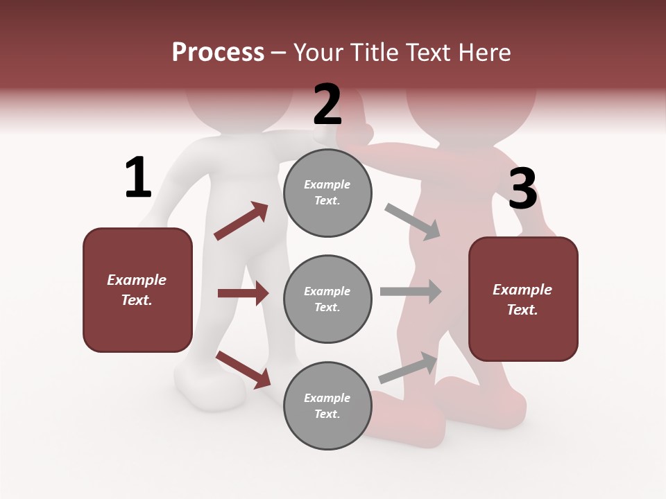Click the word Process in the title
(218, 53)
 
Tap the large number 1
(138, 177)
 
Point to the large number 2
(327, 104)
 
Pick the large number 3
(522, 189)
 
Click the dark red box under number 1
(137, 290)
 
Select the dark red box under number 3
(523, 299)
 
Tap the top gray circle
(327, 193)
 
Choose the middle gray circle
(327, 299)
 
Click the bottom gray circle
(327, 405)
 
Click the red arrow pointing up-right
(241, 221)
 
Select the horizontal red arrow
(243, 293)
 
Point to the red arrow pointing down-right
(243, 369)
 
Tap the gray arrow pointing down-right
(413, 221)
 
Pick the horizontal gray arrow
(411, 292)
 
